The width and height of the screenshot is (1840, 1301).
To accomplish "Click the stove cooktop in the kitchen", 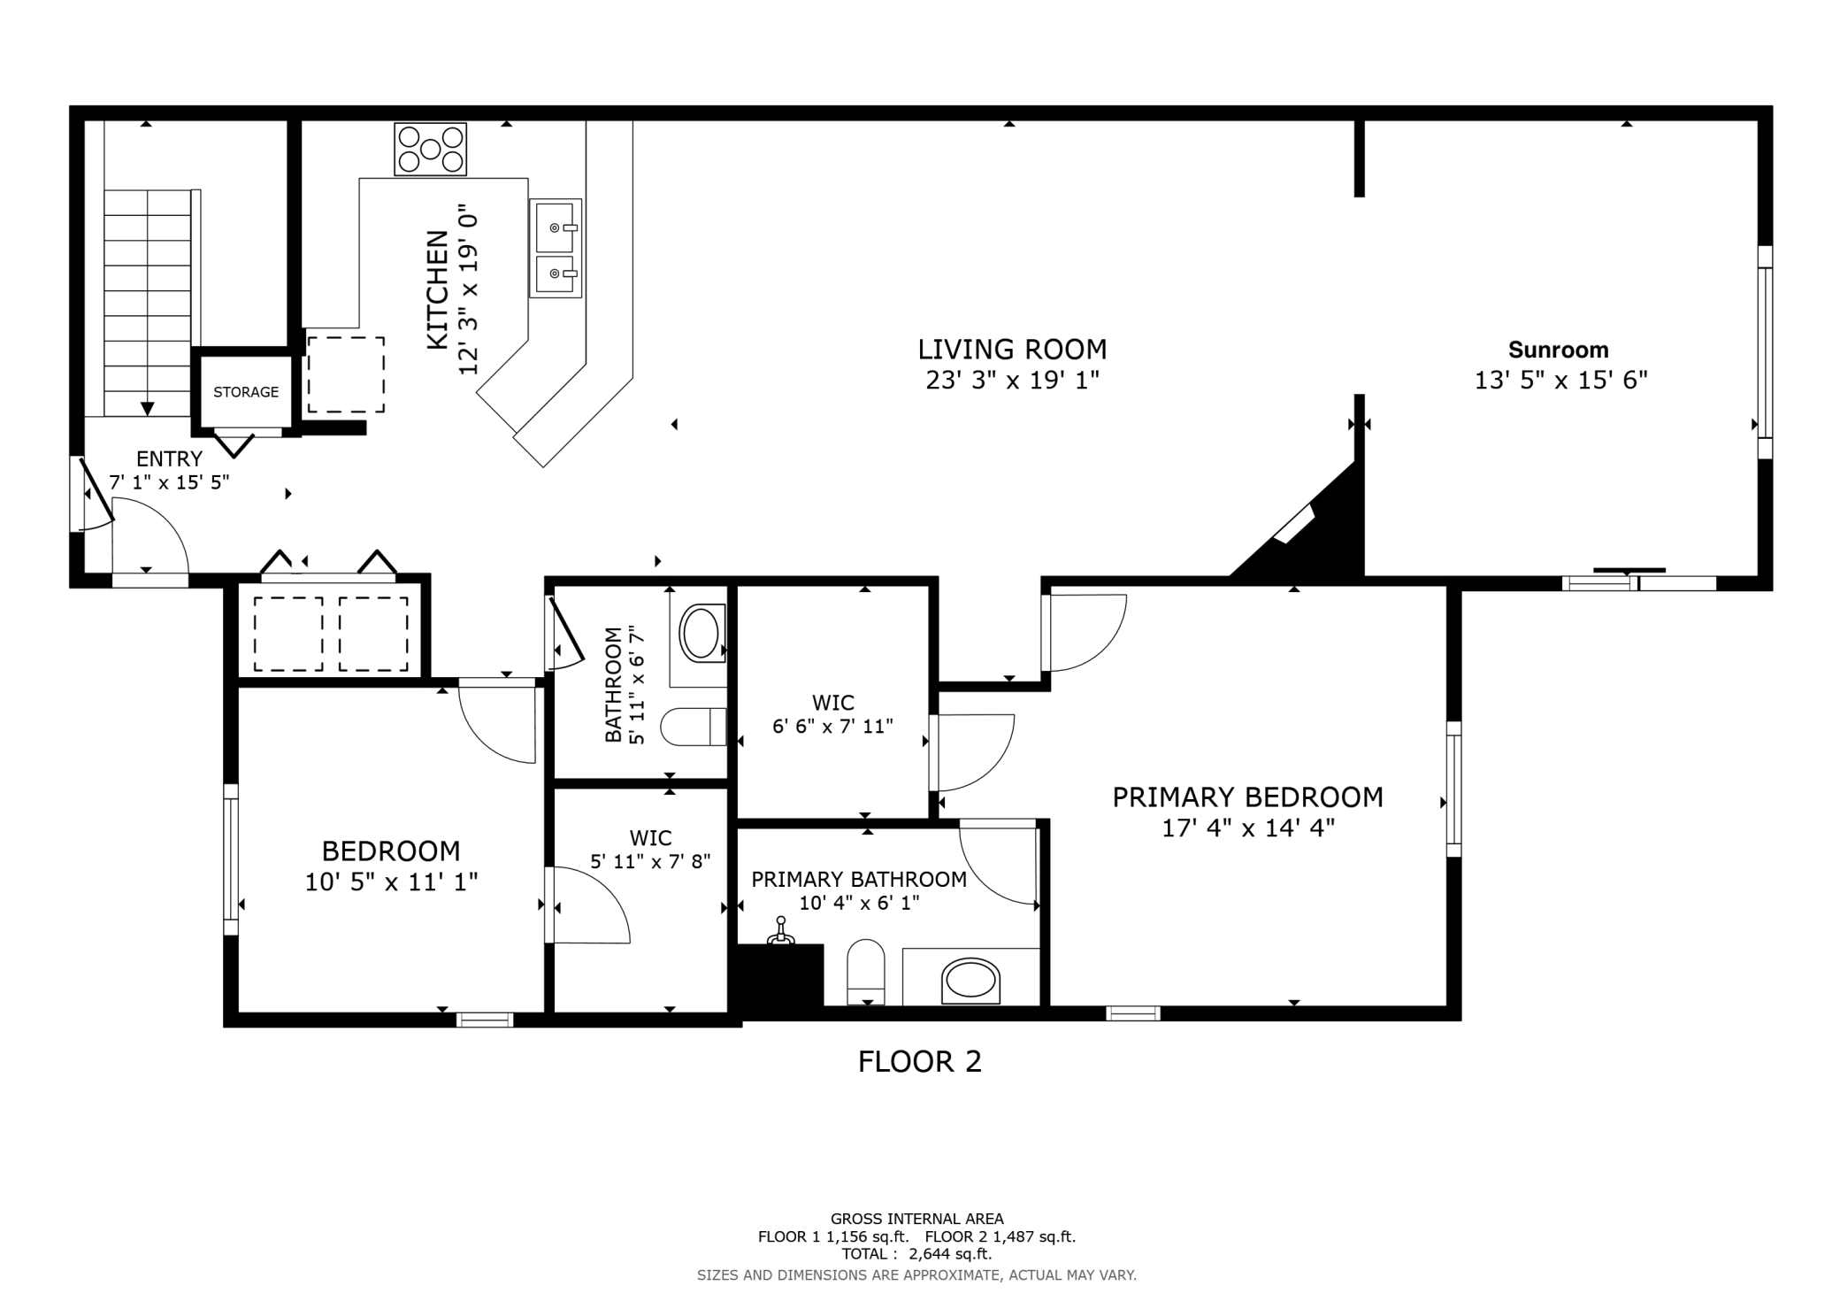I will [431, 150].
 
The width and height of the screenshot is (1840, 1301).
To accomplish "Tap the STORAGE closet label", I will [246, 392].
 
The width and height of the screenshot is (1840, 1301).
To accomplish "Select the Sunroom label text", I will [1558, 350].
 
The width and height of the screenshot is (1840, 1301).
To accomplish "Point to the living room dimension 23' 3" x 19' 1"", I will [1012, 381].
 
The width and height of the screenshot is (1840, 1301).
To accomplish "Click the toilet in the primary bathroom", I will [866, 971].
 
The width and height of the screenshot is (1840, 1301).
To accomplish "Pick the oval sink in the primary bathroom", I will [970, 981].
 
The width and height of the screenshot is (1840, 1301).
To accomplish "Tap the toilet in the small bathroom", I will [694, 727].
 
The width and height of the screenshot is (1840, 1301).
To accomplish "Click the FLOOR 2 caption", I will [919, 1061].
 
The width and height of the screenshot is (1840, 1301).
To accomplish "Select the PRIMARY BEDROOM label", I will [1247, 797].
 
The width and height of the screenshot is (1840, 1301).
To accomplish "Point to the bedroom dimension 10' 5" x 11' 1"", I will [391, 882].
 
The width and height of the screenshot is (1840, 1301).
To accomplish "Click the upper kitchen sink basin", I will [555, 227].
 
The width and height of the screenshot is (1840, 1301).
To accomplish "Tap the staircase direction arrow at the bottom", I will [148, 408].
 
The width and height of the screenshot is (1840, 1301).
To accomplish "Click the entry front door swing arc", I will [150, 535].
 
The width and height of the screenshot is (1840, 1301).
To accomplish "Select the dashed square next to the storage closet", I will [346, 374].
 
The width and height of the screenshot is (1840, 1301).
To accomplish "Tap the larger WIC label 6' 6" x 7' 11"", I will [832, 715].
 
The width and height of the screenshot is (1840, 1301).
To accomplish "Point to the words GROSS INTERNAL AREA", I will [916, 1219].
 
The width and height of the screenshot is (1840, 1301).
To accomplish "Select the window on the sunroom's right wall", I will [1764, 352].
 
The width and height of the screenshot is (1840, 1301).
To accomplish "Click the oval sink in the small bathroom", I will [701, 632].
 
